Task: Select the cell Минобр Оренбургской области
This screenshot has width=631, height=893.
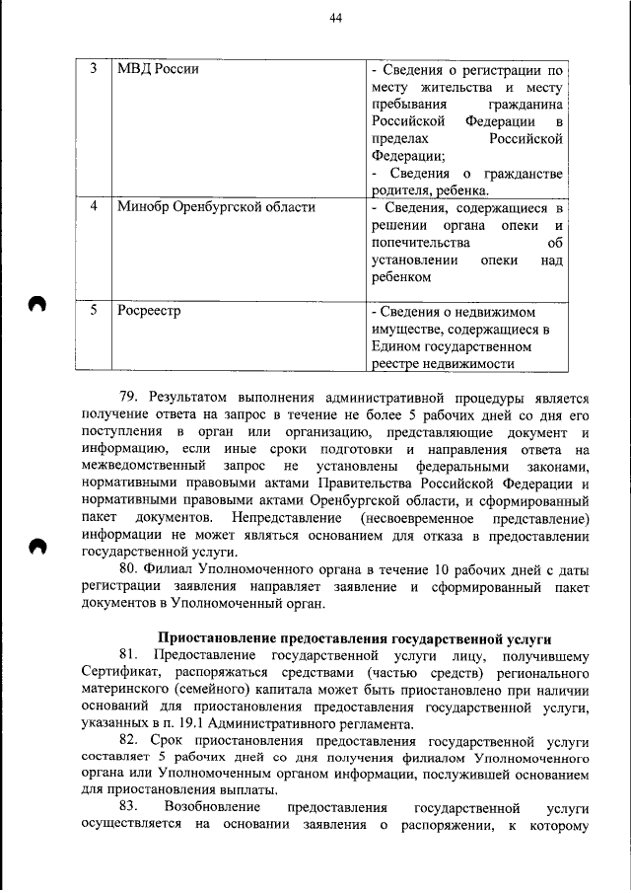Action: (x=216, y=207)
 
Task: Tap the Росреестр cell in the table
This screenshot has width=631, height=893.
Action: (x=148, y=311)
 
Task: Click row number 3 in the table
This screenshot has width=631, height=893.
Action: (x=93, y=69)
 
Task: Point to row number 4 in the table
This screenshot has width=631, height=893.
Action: (x=93, y=207)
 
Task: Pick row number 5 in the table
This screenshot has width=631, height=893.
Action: (x=93, y=311)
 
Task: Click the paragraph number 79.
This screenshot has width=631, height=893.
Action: (x=129, y=398)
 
